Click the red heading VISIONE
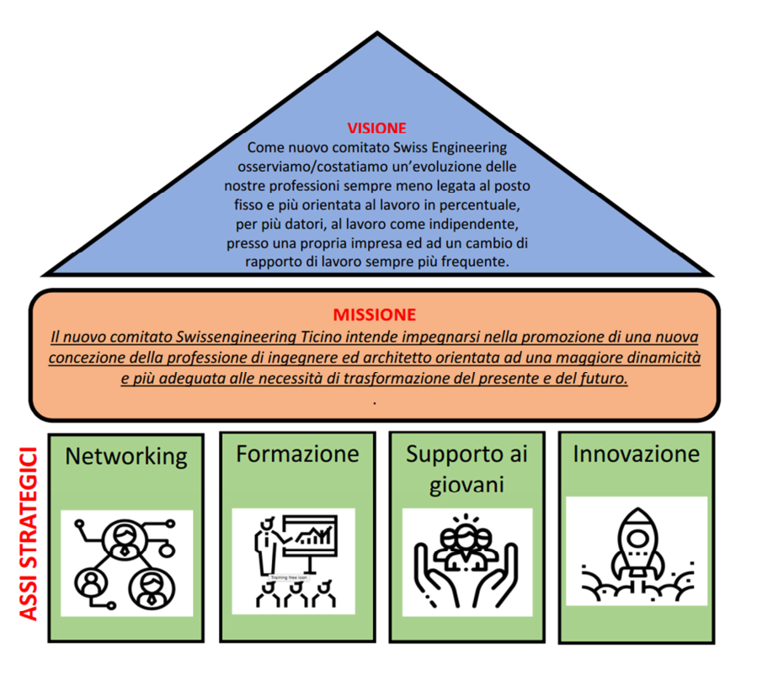(x=376, y=129)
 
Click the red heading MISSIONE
(x=375, y=315)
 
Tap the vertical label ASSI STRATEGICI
(x=29, y=535)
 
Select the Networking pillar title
(x=126, y=456)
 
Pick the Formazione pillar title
(x=297, y=454)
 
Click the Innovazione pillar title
(x=636, y=454)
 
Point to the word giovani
(x=466, y=485)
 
